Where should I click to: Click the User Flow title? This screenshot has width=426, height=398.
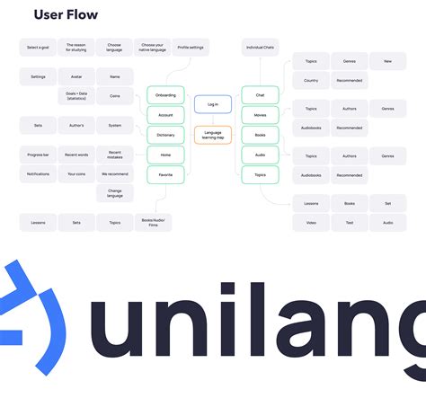pos(66,15)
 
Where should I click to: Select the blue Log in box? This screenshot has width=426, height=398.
pos(212,104)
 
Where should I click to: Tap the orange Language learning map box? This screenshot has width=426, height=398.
pos(212,136)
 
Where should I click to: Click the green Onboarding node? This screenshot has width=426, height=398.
pos(165,95)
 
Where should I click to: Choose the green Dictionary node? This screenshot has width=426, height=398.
pos(165,135)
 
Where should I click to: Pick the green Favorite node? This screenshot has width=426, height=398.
pos(165,174)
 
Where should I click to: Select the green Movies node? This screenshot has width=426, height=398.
pos(260,115)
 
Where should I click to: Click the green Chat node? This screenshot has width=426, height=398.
pos(260,95)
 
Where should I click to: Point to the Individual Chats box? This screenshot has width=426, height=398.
pos(260,47)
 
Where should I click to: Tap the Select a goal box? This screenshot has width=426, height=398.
pos(38,47)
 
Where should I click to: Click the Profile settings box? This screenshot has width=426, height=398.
pos(191,47)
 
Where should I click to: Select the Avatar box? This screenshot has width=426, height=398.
pos(76,77)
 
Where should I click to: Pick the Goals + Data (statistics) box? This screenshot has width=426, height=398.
pos(76,96)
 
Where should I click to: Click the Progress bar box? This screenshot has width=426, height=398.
pos(38,154)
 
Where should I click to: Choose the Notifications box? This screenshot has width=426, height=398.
pos(38,174)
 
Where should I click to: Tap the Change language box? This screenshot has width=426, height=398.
pos(115,193)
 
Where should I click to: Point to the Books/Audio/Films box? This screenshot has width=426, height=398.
pos(153,221)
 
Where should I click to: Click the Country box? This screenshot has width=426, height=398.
pos(311,80)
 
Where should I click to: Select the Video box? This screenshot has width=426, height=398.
pos(311,222)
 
